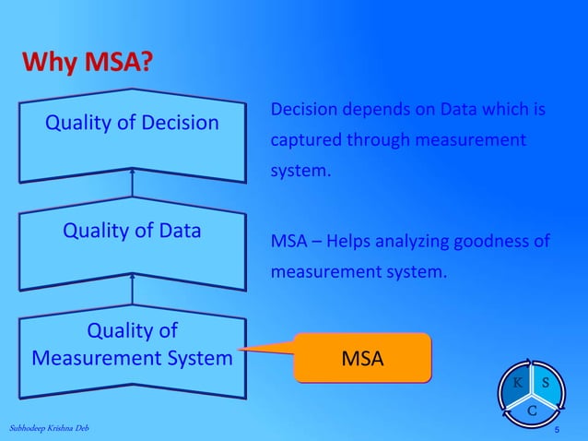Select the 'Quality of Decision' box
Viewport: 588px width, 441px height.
click(133, 134)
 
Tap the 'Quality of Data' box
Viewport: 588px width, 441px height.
click(133, 244)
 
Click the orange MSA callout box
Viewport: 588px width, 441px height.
click(362, 358)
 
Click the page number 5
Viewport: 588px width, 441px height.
click(557, 431)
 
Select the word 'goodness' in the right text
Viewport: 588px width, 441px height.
click(499, 242)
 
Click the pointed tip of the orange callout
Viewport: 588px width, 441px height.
click(239, 350)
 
